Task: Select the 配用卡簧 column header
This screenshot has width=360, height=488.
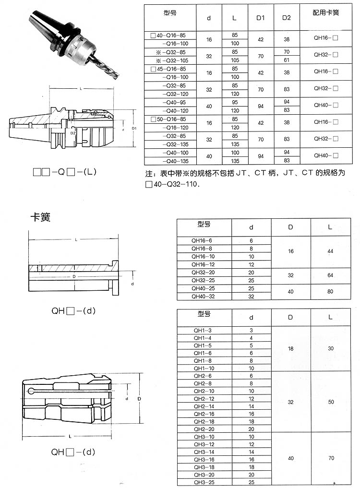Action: [326, 13]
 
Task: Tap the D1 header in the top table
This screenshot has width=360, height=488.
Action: [260, 18]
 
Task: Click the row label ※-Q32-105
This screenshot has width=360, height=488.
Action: [172, 60]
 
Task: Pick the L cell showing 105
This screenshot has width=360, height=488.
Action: [235, 60]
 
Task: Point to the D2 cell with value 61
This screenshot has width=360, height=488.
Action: [287, 60]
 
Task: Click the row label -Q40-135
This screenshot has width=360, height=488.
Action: [176, 161]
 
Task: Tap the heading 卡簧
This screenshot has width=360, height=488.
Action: [40, 217]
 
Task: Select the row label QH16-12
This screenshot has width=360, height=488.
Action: [203, 264]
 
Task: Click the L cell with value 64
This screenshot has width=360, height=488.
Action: [330, 275]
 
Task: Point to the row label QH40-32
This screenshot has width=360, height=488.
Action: [203, 297]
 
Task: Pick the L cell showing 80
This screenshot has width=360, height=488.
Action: [330, 292]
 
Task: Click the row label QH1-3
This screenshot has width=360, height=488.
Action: [203, 331]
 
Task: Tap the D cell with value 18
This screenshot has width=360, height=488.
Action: [290, 348]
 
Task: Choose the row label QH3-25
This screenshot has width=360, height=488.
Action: [204, 482]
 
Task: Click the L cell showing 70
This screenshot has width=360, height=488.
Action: [331, 458]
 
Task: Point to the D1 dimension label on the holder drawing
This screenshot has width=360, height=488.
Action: [134, 128]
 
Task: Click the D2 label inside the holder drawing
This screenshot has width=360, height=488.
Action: [73, 133]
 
